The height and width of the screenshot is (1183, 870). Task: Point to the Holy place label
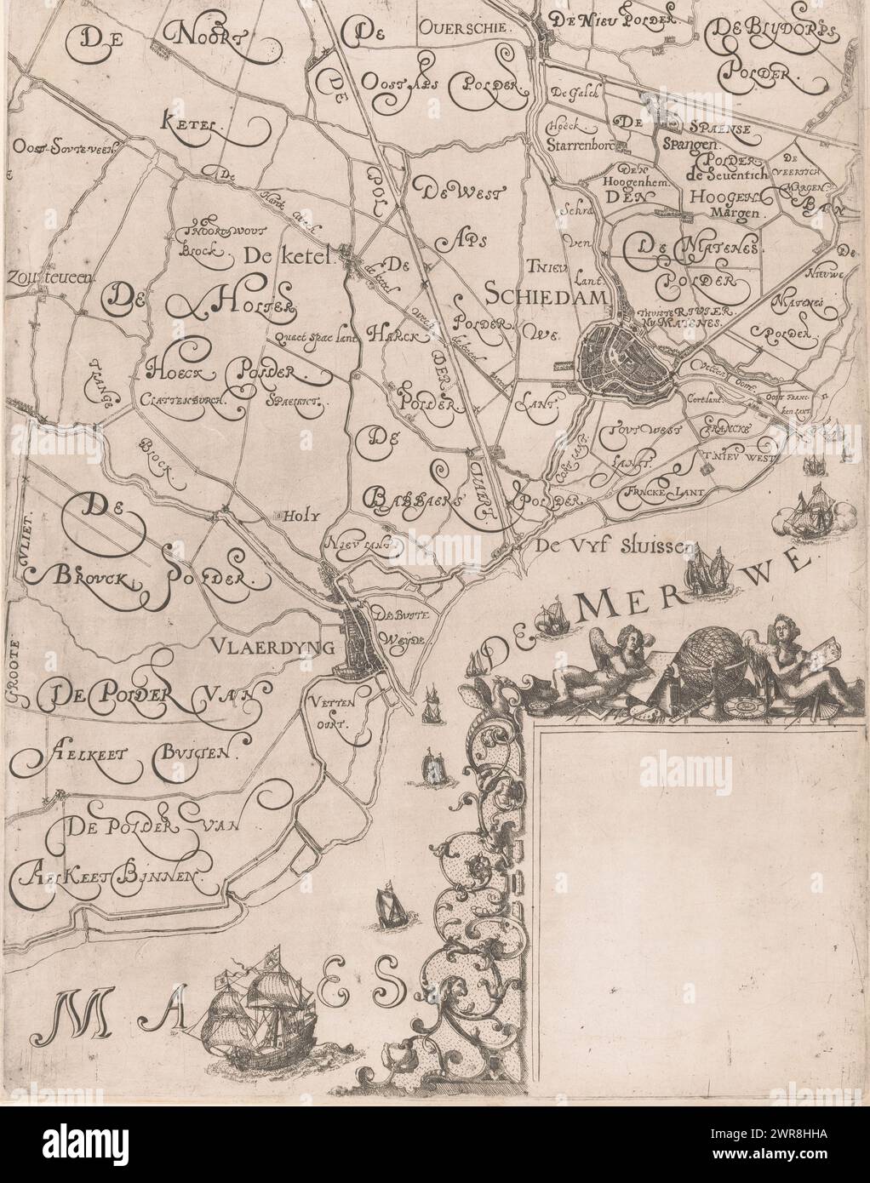pyautogui.click(x=293, y=514)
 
